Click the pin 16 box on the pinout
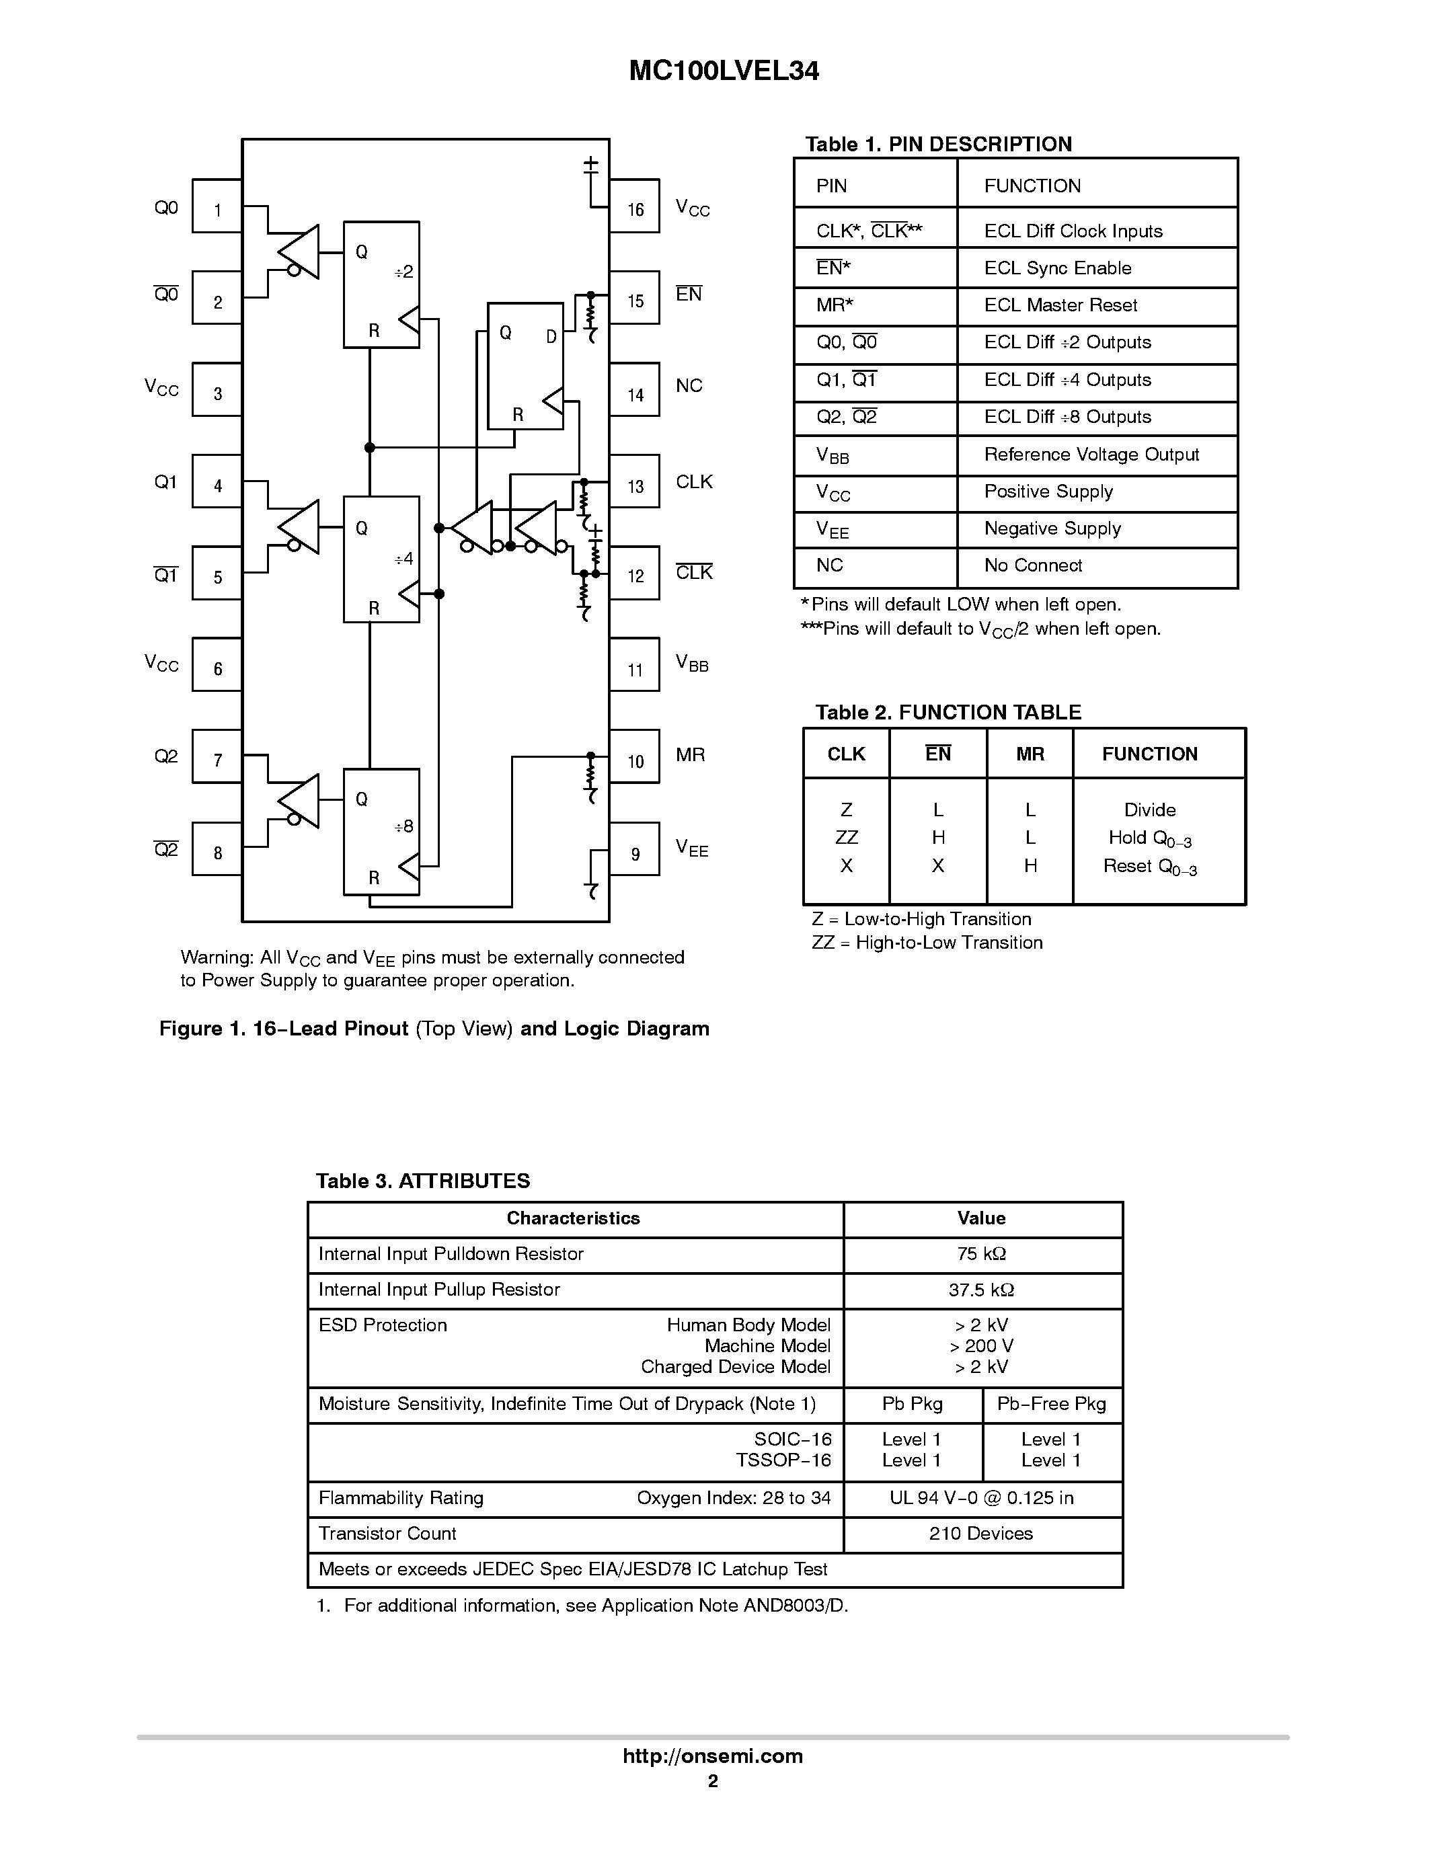[634, 206]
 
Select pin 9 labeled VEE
[634, 850]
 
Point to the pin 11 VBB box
[634, 666]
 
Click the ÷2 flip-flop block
[381, 284]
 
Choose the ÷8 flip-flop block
[381, 831]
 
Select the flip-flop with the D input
[525, 366]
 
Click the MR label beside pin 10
[690, 754]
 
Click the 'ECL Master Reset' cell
[1060, 306]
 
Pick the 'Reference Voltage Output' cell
[1091, 455]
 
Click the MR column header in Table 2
[1030, 754]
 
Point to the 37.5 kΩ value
[981, 1290]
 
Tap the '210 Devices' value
[981, 1533]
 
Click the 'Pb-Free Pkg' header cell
[1052, 1404]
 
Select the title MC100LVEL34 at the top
[724, 71]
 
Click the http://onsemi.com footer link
[713, 1756]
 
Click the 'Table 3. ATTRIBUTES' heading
[422, 1181]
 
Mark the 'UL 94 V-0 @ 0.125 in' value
[981, 1497]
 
